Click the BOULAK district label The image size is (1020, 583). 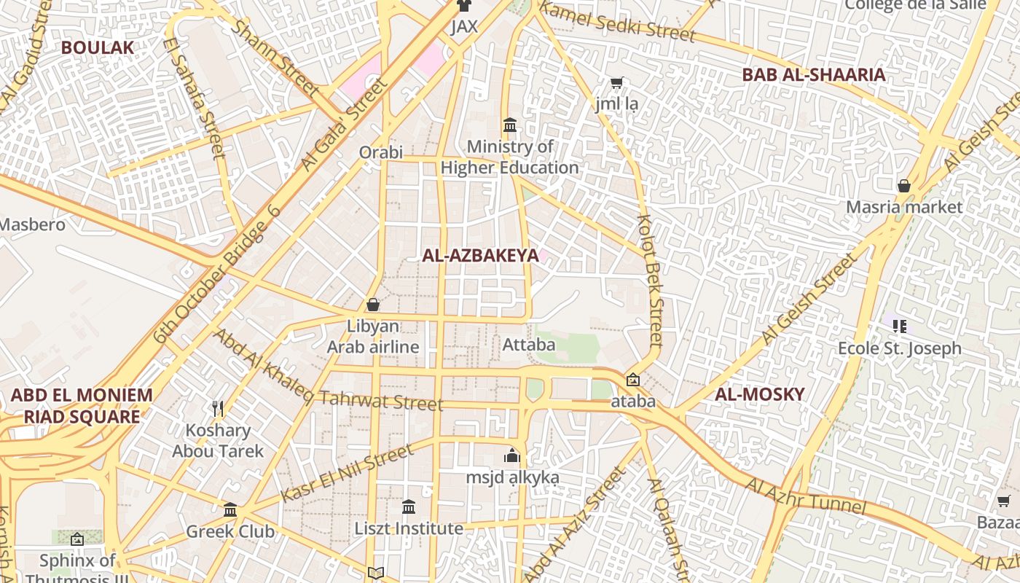[98, 48]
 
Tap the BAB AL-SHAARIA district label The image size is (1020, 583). [813, 74]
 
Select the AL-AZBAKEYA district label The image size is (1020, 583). [480, 256]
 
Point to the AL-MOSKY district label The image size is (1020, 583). [759, 395]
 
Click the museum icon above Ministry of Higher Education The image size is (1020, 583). [510, 125]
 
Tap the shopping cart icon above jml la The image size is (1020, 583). [616, 84]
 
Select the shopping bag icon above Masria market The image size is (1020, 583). [903, 186]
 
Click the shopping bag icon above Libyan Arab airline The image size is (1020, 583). [373, 305]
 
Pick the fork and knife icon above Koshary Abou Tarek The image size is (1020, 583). [217, 408]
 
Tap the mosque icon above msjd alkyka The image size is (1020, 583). [512, 456]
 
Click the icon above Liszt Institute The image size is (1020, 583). [409, 506]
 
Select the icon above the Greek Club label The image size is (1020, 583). [230, 509]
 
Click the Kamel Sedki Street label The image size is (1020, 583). [618, 23]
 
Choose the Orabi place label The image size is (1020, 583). [380, 152]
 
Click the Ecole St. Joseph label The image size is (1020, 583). [899, 348]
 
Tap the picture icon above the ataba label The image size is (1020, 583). [632, 380]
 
